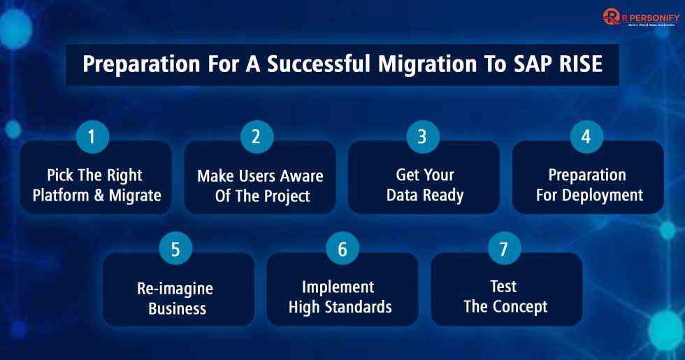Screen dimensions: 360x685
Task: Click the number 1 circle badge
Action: (91, 136)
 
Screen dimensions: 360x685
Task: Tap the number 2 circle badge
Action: (257, 136)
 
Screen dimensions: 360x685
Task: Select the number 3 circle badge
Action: (422, 136)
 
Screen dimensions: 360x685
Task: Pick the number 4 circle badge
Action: (586, 136)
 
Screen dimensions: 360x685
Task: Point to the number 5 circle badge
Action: (175, 250)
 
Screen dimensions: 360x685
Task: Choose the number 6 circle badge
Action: (342, 250)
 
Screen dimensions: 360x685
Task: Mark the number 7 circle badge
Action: (504, 250)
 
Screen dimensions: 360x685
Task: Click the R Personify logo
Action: (640, 18)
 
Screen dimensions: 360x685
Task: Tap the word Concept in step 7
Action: (519, 306)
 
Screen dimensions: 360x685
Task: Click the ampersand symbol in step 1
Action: (100, 195)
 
